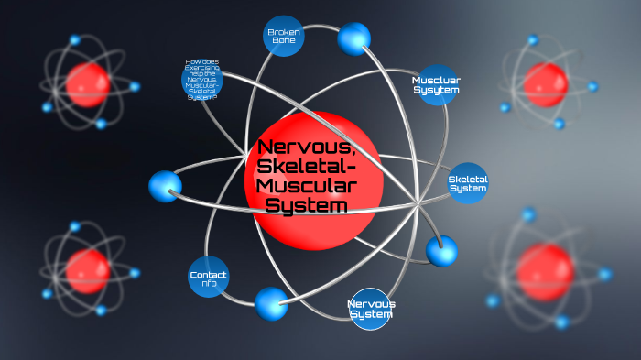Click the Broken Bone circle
pos(284,37)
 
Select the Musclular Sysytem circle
pos(436,85)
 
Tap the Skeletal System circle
pos(468,183)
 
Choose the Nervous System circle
pos(371,309)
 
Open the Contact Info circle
pos(208,278)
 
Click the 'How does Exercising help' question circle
pos(202,80)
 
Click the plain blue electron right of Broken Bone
pos(353,38)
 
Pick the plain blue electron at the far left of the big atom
pos(166,185)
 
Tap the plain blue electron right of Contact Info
pos(271,302)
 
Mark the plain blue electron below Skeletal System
pos(441,250)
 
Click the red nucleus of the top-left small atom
pos(88,84)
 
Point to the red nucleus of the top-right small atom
pos(546,84)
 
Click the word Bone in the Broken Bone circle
pos(284,42)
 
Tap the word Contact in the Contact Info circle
pos(208,274)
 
